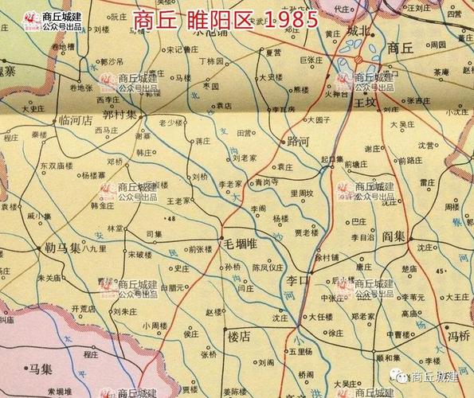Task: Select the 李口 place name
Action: [298, 280]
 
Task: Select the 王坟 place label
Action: [366, 103]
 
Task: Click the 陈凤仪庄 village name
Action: [264, 267]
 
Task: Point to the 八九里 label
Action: [94, 249]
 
